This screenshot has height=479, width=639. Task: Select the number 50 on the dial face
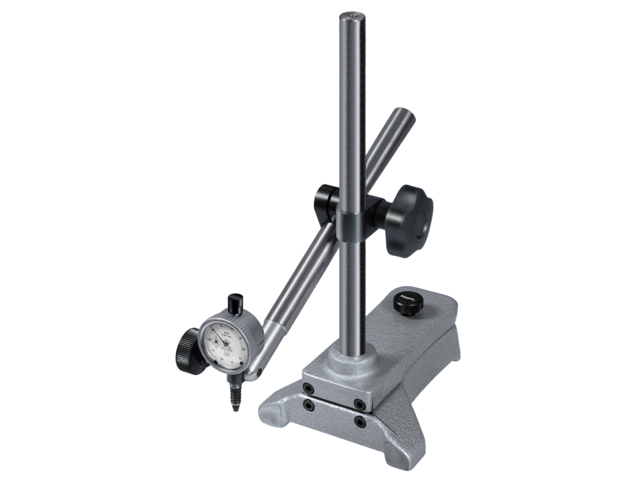(x=232, y=362)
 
